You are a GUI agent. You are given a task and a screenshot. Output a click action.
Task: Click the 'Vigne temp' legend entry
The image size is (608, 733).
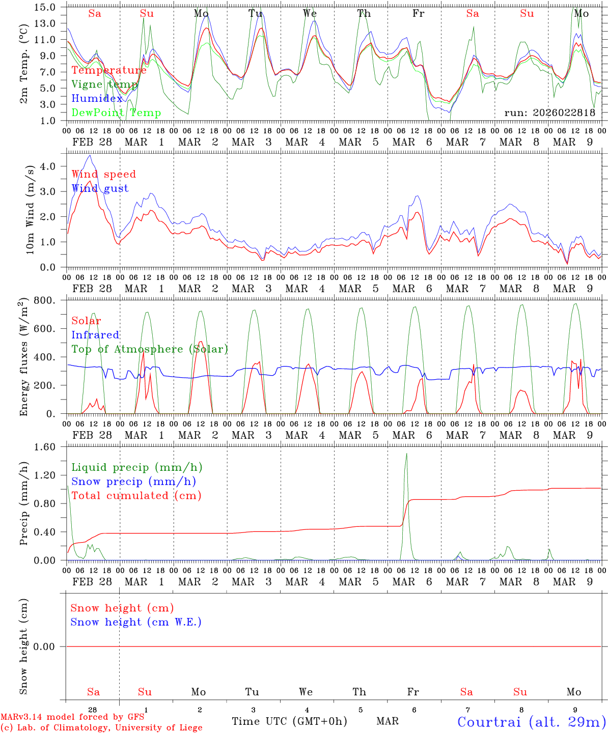point(104,84)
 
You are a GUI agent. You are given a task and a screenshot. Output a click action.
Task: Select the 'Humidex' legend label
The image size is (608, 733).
point(97,99)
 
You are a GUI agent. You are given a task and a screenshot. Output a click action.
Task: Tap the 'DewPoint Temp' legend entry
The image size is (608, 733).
point(116,113)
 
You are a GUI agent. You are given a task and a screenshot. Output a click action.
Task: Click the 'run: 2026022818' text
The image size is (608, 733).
point(549,113)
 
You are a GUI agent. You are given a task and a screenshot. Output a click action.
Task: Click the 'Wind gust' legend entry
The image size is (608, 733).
point(100,188)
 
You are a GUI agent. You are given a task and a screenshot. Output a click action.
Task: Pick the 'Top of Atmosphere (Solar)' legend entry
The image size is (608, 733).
point(150,349)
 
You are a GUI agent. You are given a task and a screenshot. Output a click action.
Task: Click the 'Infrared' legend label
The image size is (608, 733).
point(95,335)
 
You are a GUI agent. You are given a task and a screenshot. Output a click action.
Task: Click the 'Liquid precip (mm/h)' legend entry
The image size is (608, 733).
point(137,467)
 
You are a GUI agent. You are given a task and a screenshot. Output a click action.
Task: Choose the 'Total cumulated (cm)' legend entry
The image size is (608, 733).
point(136,496)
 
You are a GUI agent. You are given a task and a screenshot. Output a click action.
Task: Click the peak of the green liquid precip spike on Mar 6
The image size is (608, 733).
point(406,454)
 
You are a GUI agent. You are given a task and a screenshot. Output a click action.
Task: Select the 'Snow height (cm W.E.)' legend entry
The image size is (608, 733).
point(136,622)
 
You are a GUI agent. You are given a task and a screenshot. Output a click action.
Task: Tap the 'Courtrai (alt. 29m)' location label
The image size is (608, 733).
point(532,722)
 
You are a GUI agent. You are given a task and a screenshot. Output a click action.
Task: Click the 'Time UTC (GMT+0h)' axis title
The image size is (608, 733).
point(289,721)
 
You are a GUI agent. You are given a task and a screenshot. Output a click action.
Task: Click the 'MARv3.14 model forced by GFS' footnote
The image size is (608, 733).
point(72,717)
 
